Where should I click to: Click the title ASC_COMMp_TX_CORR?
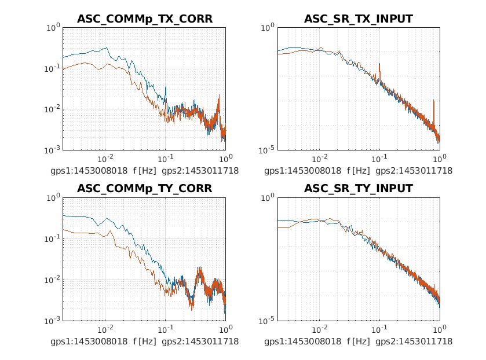click(x=145, y=19)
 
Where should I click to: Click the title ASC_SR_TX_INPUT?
click(x=359, y=19)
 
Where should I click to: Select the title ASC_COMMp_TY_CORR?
click(x=145, y=189)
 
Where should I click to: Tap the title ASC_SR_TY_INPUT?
click(x=359, y=189)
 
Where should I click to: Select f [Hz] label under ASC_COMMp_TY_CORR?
click(x=144, y=341)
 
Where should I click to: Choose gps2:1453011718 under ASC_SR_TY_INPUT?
click(x=414, y=341)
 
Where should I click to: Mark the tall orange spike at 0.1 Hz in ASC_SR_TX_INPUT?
click(x=379, y=65)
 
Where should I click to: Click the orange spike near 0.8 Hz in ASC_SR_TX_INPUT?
click(x=434, y=102)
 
